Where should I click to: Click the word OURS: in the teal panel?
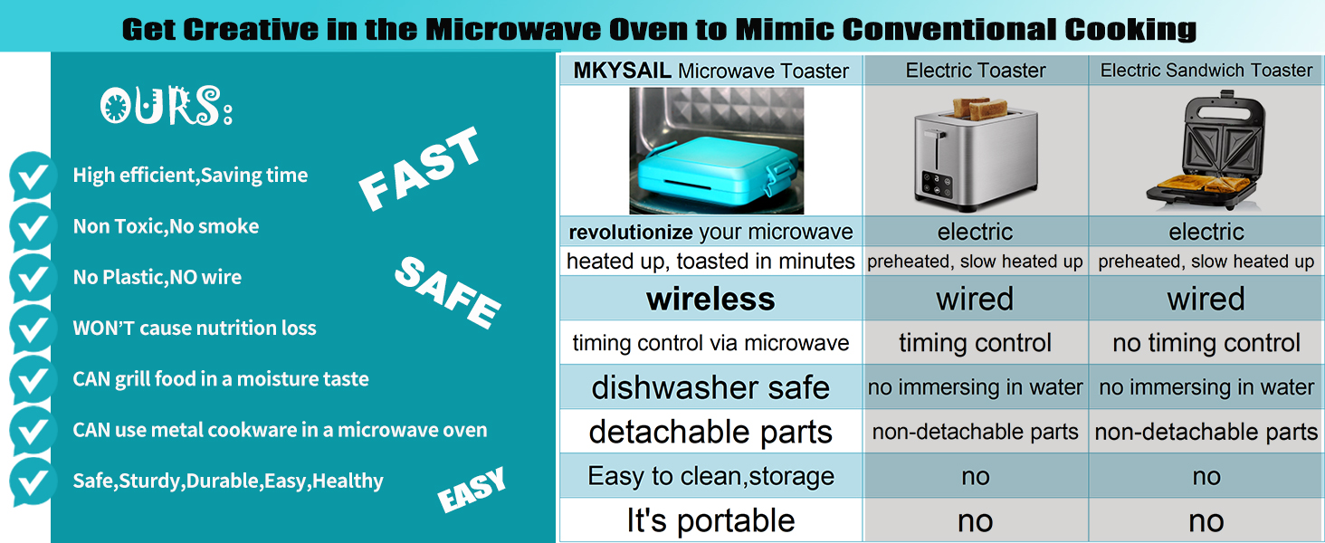(167, 106)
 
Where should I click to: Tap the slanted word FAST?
(419, 168)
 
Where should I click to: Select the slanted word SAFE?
(447, 292)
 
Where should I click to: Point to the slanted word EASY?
(472, 490)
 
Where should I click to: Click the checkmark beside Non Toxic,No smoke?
(33, 226)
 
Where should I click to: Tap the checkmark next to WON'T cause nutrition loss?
(33, 329)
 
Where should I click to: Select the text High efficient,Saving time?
(190, 175)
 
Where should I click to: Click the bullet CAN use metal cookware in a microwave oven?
(280, 430)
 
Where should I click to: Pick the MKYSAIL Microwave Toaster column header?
(711, 71)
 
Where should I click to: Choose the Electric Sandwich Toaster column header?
(1206, 71)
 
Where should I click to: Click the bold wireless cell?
(710, 299)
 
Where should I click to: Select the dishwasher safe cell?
(710, 387)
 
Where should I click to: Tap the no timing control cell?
(1206, 343)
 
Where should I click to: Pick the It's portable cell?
(710, 520)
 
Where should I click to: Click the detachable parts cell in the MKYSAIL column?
(710, 432)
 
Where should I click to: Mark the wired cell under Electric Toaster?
(975, 299)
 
